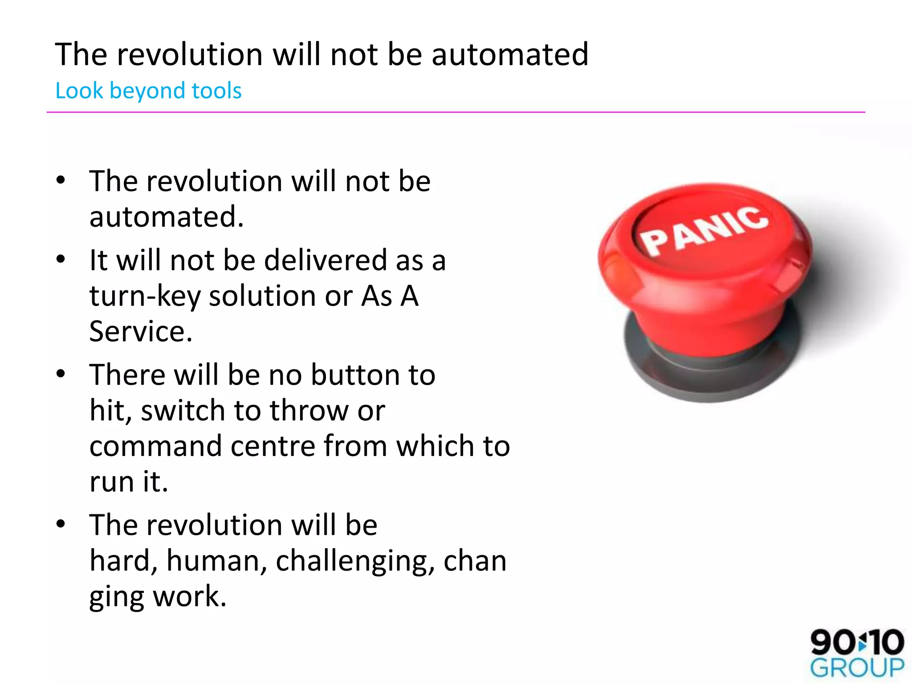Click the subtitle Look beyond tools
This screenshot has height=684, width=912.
pos(148,91)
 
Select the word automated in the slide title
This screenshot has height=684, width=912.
pos(509,54)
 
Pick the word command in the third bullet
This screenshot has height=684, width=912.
pos(155,446)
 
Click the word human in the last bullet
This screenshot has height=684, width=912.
pos(216,561)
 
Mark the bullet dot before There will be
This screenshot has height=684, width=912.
pos(61,374)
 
